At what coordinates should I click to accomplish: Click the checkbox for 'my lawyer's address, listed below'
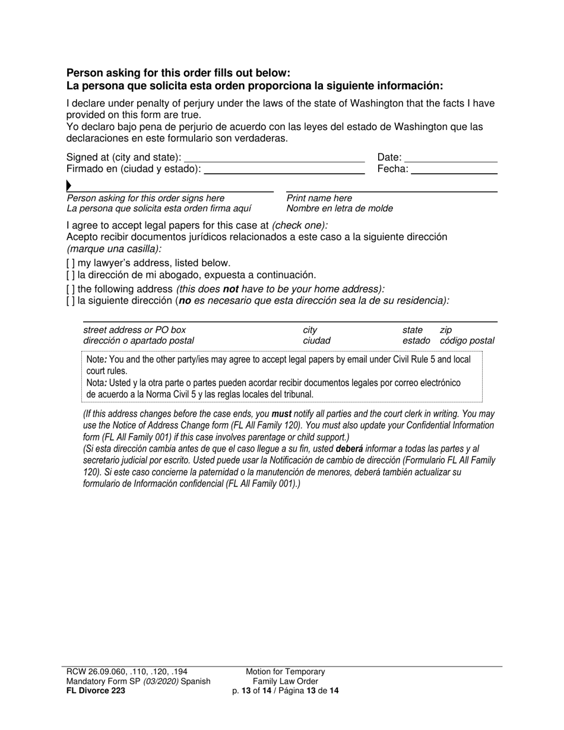click(x=71, y=263)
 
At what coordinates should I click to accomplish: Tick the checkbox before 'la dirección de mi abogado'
click(x=71, y=275)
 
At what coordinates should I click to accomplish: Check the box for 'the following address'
click(x=71, y=289)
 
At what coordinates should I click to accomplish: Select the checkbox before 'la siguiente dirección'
click(x=71, y=301)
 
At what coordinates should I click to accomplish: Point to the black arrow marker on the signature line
click(x=69, y=186)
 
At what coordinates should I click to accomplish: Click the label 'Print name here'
click(x=319, y=198)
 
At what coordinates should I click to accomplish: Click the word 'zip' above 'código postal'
click(x=445, y=330)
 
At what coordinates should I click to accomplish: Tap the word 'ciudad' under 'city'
click(x=316, y=341)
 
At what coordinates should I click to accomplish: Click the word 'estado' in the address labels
click(x=416, y=341)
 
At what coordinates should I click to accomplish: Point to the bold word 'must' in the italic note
click(x=281, y=414)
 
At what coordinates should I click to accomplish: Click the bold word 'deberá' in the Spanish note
click(x=349, y=449)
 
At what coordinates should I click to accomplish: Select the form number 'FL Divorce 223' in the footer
click(x=96, y=690)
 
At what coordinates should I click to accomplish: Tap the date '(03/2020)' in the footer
click(x=159, y=681)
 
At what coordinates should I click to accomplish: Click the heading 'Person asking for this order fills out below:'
click(x=178, y=73)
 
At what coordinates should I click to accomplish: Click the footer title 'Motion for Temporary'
click(x=286, y=671)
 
